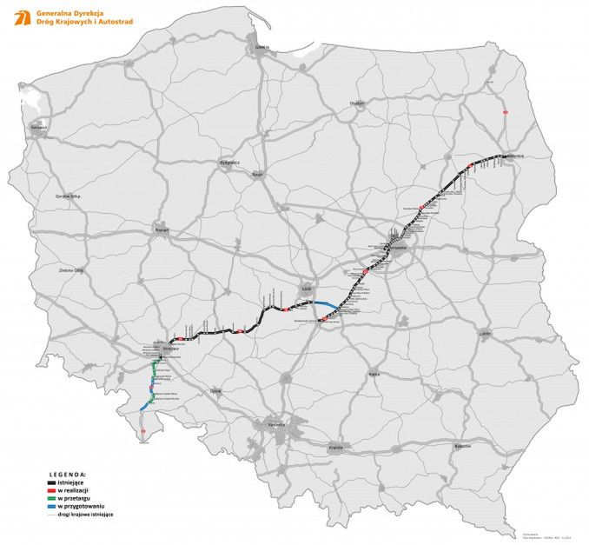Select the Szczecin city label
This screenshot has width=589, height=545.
(x=38, y=128)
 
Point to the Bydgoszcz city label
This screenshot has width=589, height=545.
(x=230, y=163)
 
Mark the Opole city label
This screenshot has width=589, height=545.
(x=216, y=391)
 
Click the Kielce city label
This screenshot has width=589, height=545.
(x=374, y=374)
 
